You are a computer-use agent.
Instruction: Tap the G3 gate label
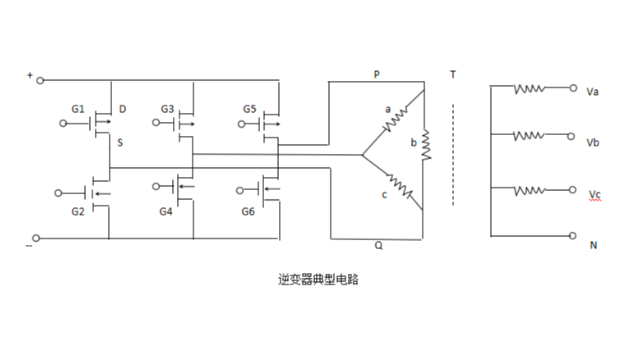167,107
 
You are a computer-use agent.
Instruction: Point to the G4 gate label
167,211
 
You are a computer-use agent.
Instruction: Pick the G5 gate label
250,107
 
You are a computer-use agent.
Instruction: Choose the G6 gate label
250,211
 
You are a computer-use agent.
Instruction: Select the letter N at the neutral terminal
592,244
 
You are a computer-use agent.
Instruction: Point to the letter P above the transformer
376,75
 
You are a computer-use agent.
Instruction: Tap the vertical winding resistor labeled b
426,145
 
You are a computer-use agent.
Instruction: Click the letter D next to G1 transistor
122,108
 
